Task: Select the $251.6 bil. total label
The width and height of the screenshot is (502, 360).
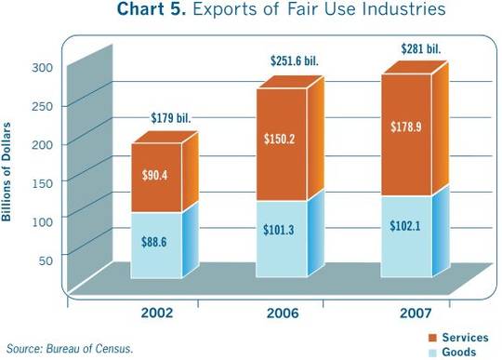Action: (x=296, y=61)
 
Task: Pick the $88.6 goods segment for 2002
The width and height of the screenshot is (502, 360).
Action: (x=155, y=244)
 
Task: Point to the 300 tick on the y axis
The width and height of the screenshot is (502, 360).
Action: (x=45, y=68)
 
